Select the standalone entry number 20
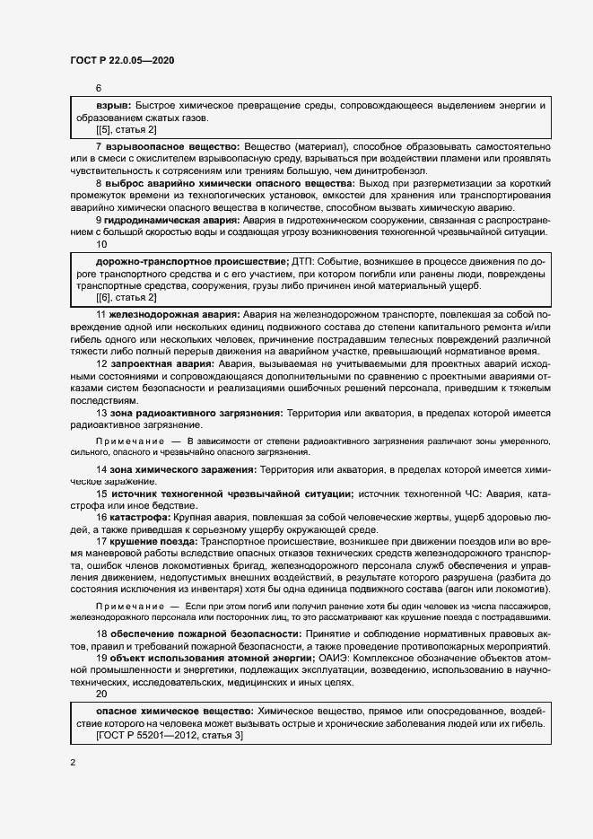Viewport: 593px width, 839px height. [100, 694]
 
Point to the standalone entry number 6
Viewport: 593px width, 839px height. [99, 89]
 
